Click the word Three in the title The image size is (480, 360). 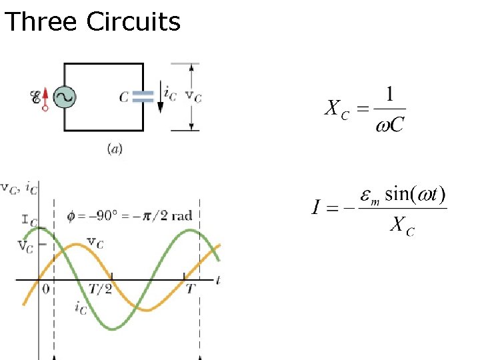point(41,22)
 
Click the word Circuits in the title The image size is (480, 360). point(133,22)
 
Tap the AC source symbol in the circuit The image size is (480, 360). point(65,98)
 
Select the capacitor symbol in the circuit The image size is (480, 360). point(143,97)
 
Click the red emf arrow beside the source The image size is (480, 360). point(45,97)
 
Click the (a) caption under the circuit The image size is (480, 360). point(115,149)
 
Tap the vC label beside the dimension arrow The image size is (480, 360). point(193,96)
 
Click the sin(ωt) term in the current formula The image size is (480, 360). point(417,196)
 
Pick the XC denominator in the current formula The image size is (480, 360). point(402,227)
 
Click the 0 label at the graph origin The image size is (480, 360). point(45,289)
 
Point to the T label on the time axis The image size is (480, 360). point(191,289)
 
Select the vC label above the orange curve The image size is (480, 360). point(95,243)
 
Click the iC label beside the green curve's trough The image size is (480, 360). point(81,309)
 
